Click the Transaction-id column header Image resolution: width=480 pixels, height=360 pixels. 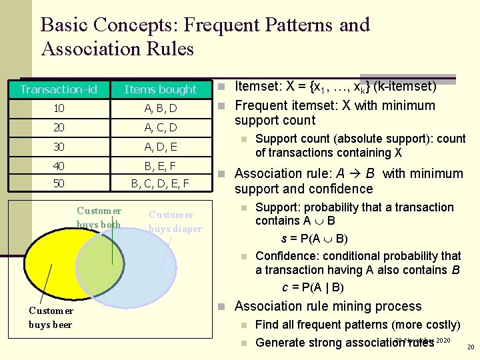[x=58, y=89]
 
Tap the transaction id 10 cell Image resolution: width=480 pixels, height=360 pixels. [x=58, y=108]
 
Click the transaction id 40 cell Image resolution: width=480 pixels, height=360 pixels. [x=58, y=165]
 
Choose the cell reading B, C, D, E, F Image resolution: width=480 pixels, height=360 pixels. [x=161, y=183]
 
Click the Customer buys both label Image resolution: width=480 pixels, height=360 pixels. [x=99, y=218]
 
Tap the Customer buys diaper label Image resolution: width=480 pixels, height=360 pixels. [x=174, y=221]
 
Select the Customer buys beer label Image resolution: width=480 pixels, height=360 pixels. [x=51, y=317]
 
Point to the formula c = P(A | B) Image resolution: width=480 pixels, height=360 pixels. [x=313, y=287]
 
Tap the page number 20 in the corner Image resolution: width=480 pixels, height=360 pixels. [x=470, y=347]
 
